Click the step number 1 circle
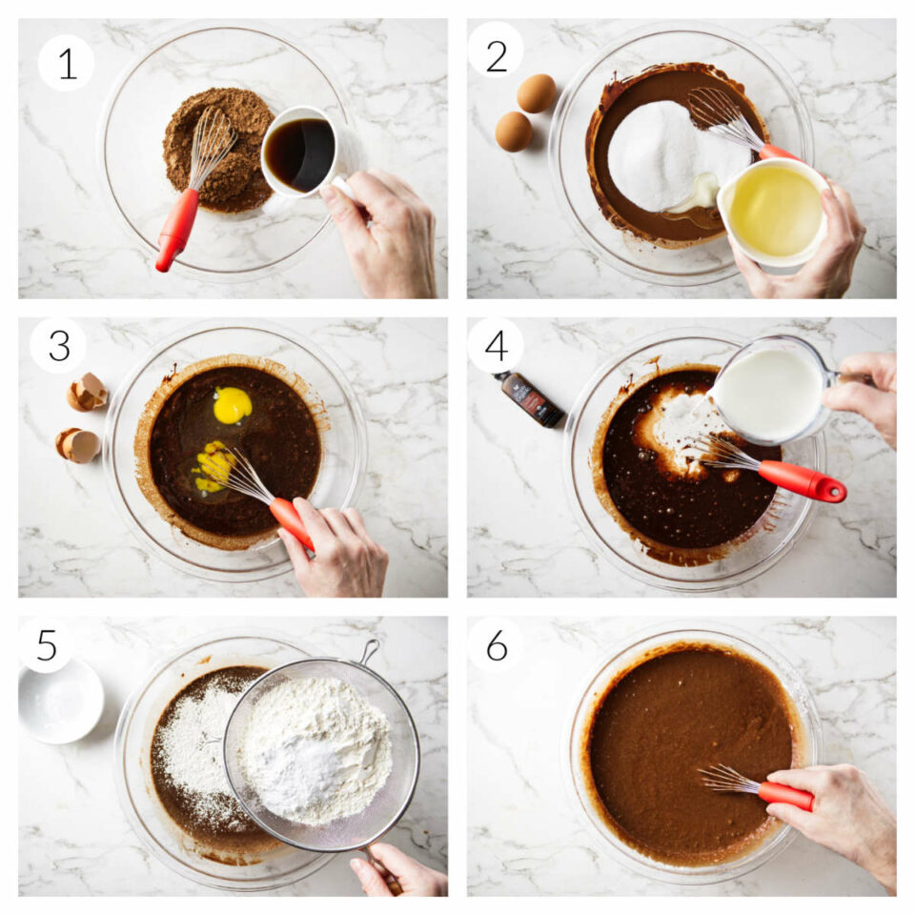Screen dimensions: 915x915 (x=66, y=63)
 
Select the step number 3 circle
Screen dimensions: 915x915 (x=58, y=345)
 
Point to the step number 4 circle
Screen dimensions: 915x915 (x=496, y=345)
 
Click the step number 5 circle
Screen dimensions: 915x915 (x=46, y=644)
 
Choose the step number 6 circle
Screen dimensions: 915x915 (x=496, y=644)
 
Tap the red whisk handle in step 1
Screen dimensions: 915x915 (x=177, y=229)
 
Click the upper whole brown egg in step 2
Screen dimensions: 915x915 (x=537, y=93)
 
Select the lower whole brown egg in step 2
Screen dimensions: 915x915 (x=514, y=132)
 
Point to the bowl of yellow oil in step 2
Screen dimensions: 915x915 (x=774, y=211)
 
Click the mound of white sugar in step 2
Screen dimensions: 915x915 (x=664, y=157)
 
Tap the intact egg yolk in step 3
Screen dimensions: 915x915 (x=232, y=405)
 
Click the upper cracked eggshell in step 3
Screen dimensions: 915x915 (x=88, y=392)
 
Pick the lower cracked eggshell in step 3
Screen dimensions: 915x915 (x=78, y=445)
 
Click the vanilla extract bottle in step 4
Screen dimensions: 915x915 (x=531, y=398)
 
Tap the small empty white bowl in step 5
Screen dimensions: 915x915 (x=61, y=701)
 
